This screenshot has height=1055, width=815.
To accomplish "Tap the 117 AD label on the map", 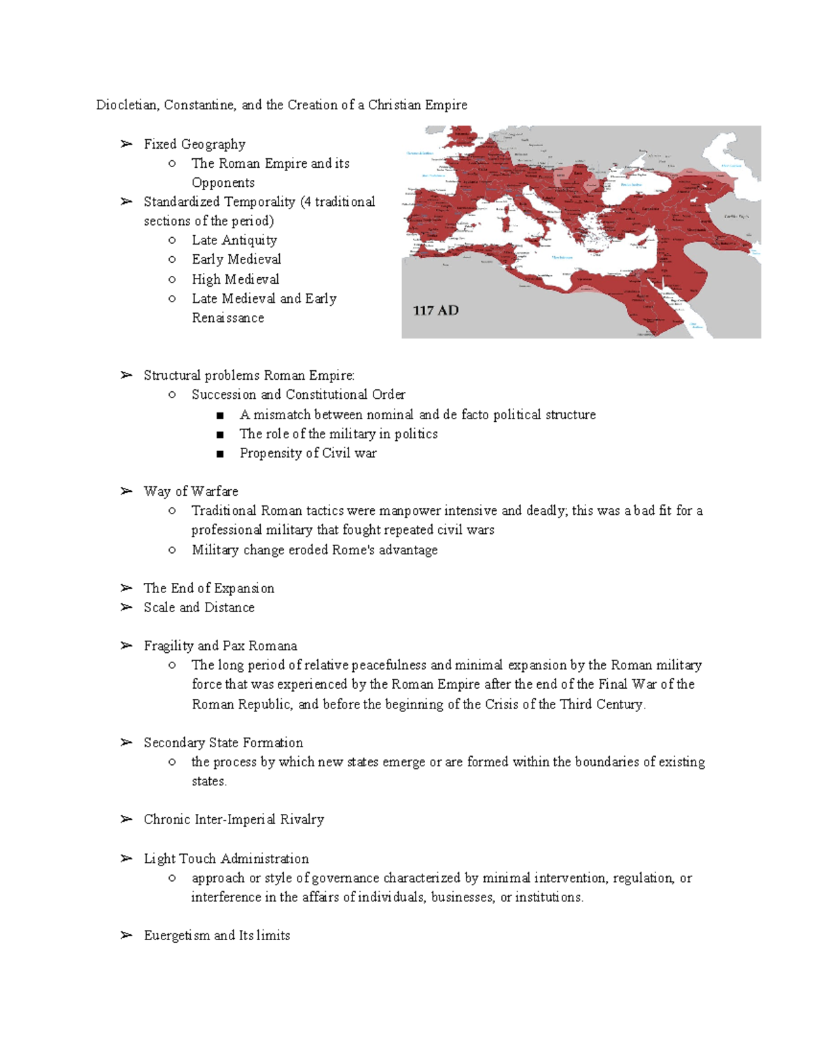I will [x=435, y=310].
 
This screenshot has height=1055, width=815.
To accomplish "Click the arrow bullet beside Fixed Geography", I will [x=126, y=144].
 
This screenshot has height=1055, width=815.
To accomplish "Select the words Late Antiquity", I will [x=234, y=240].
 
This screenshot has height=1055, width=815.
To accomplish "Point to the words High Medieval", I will [x=235, y=279].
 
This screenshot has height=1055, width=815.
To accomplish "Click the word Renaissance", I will [x=228, y=318].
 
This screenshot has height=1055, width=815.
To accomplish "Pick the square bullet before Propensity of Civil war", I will [x=219, y=454].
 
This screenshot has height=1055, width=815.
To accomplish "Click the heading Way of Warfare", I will [x=190, y=491].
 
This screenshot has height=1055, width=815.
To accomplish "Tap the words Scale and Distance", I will [x=198, y=607].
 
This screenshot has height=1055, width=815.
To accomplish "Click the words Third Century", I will [x=602, y=704].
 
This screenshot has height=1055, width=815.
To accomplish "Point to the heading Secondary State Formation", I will [x=223, y=743].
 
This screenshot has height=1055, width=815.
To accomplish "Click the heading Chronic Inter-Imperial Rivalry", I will [x=233, y=819].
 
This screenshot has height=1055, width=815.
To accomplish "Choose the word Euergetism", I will [x=177, y=935].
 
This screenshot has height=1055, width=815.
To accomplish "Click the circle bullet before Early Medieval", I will [x=172, y=260].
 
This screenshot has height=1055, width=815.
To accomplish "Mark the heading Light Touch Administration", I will [x=225, y=859].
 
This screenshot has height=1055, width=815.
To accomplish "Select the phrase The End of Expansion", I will [x=209, y=588].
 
